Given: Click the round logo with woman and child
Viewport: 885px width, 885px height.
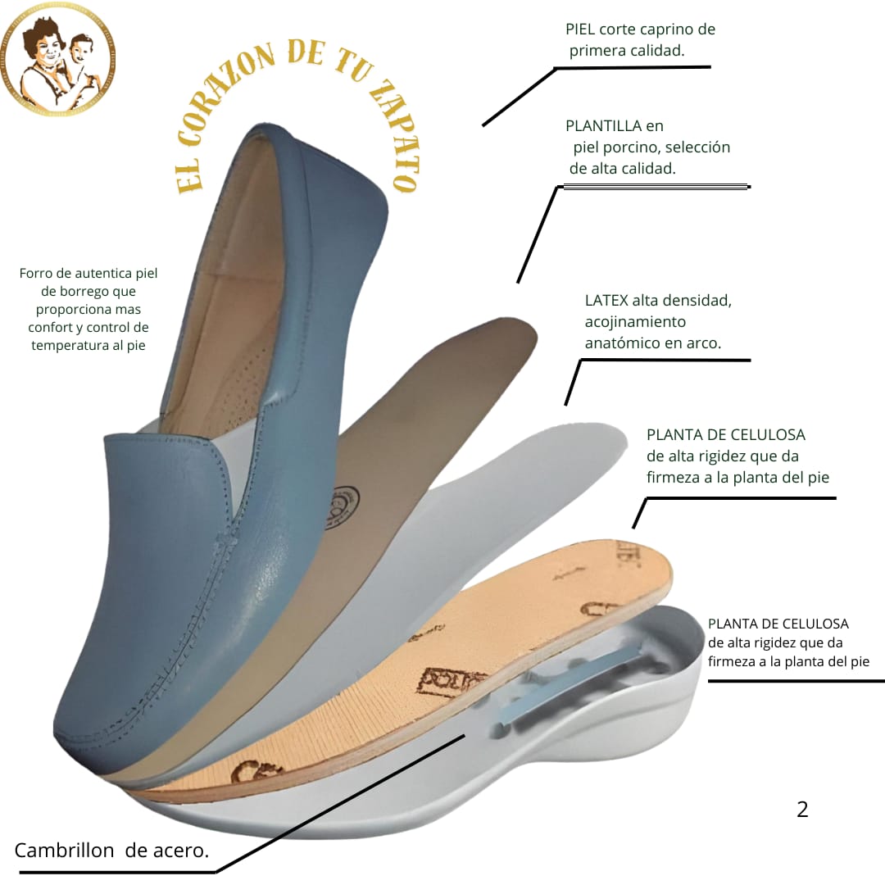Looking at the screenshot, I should point(58,58).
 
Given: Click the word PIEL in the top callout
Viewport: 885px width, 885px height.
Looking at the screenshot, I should point(581,29).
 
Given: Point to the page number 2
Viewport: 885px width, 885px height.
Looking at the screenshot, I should point(802,810).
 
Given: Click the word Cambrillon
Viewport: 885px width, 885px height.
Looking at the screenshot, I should point(64,851).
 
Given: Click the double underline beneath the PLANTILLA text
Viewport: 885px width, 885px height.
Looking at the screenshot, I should point(656,188).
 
